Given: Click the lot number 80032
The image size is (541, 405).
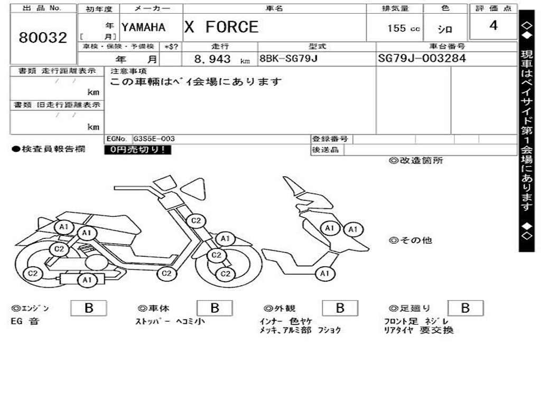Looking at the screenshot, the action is click(x=43, y=37).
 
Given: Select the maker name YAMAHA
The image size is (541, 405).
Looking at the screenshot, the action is click(x=143, y=27).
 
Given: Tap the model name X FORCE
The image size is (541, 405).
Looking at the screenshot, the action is click(x=221, y=27).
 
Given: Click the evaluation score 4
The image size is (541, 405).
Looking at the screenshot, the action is click(x=493, y=25).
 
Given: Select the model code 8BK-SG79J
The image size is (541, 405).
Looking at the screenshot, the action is click(x=288, y=59).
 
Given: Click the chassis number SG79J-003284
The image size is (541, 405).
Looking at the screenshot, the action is click(x=422, y=59).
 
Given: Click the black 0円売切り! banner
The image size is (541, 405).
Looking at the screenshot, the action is click(x=137, y=150).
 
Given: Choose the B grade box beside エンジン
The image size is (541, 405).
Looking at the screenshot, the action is click(x=88, y=308).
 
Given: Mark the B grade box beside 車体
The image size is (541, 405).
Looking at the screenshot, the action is click(x=214, y=308).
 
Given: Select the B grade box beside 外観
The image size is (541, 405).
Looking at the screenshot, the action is click(x=340, y=308).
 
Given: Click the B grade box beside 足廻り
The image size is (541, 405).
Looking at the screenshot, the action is click(x=465, y=308).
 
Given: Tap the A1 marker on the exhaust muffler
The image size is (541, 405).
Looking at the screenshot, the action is click(x=87, y=280).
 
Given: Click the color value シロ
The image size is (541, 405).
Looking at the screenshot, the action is click(x=445, y=30).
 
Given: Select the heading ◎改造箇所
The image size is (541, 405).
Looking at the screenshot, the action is click(x=416, y=161).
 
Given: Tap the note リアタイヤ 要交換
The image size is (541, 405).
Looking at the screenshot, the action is click(x=418, y=331).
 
